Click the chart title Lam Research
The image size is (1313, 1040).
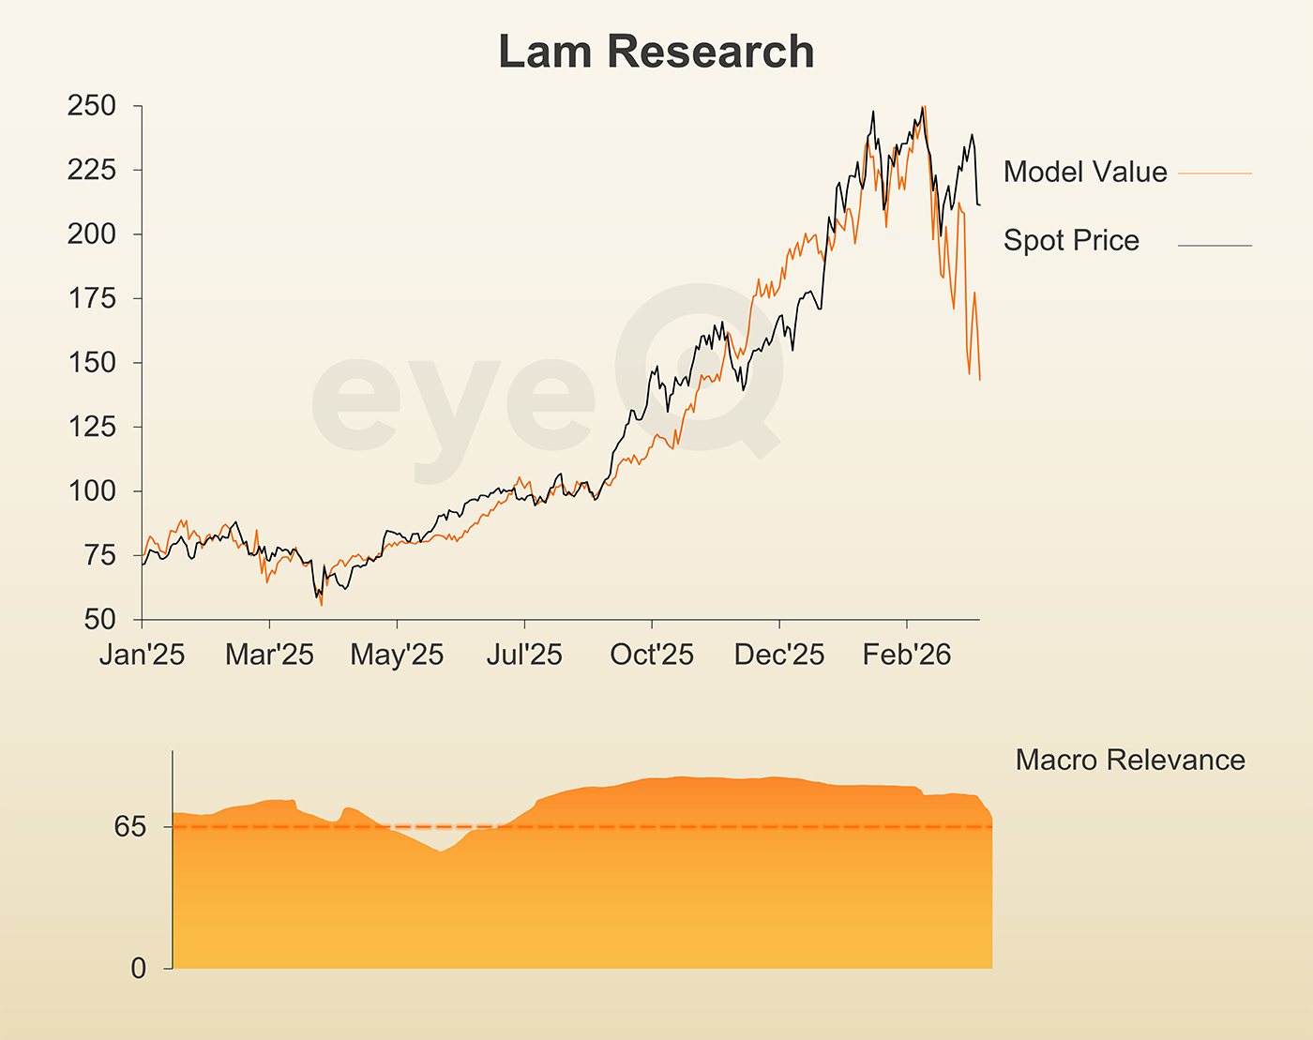click(656, 52)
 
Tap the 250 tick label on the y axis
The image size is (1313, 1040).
click(92, 106)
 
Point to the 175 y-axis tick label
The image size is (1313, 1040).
click(92, 298)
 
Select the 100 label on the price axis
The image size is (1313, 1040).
click(92, 490)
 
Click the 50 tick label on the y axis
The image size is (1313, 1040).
click(99, 619)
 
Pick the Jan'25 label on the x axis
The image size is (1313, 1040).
click(142, 655)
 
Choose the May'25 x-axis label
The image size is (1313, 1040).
click(397, 655)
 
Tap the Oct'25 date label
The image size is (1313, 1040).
click(652, 655)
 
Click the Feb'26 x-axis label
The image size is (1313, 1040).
click(907, 655)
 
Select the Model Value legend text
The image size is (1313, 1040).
click(1085, 172)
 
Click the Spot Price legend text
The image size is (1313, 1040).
click(1071, 240)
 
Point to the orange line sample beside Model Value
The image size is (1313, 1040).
click(1215, 173)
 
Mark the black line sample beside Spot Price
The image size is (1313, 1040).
click(1215, 246)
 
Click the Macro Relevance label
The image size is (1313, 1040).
click(1130, 760)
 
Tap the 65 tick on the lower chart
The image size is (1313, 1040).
click(130, 826)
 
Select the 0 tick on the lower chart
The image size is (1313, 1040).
click(139, 968)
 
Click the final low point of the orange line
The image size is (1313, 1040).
click(980, 380)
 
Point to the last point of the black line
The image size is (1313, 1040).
click(980, 204)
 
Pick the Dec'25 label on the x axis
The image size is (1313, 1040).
click(779, 655)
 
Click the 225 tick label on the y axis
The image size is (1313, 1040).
click(92, 170)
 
